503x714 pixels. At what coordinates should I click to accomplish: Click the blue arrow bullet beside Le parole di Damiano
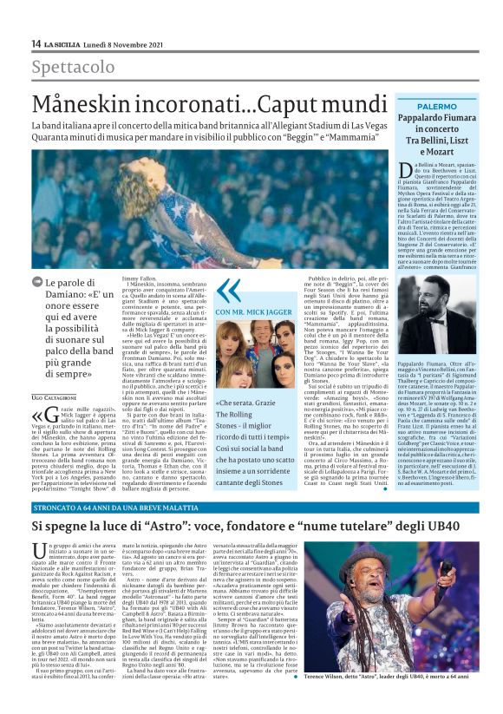coord(37,283)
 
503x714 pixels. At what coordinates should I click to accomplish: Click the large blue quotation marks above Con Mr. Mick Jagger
coord(227,289)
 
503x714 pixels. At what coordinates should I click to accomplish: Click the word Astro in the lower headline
coord(194,527)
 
